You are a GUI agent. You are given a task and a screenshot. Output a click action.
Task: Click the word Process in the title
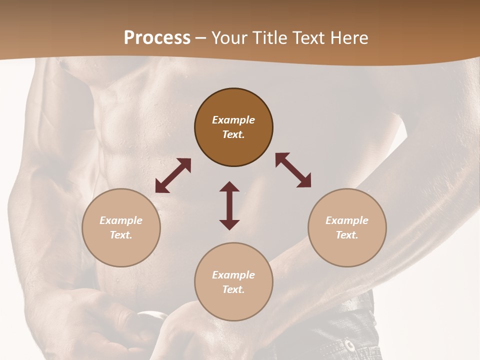(157, 38)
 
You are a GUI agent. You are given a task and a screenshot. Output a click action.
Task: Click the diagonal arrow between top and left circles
(173, 175)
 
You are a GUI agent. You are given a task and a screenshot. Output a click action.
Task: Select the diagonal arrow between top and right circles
(293, 170)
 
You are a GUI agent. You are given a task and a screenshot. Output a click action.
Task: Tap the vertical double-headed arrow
(229, 205)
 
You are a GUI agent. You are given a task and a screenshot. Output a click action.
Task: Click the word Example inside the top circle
(233, 120)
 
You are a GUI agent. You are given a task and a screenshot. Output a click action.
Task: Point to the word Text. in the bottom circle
(233, 289)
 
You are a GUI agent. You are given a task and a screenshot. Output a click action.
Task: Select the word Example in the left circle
(121, 220)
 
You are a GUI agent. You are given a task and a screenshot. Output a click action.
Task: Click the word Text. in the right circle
(347, 235)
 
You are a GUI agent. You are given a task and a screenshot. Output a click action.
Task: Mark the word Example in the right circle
(347, 220)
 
